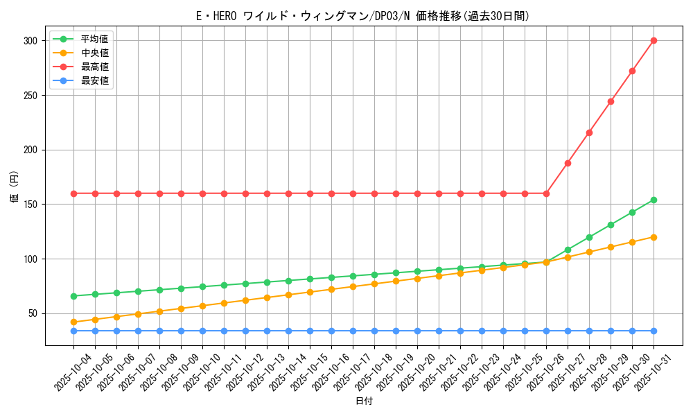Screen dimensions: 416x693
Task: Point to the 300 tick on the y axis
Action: pos(31,41)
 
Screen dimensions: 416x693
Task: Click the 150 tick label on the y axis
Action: pos(31,205)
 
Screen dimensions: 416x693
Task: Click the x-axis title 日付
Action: pos(364,401)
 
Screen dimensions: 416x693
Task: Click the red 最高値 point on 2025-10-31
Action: pos(653,40)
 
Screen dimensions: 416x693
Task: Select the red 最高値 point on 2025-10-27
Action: pos(568,163)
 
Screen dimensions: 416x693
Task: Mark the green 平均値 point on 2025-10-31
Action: pos(653,200)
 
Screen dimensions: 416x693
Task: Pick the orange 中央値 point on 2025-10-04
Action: pos(73,322)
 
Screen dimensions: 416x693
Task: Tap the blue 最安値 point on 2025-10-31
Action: pos(653,331)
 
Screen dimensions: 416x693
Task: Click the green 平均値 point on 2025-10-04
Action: pos(73,296)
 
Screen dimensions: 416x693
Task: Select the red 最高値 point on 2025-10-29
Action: pos(611,101)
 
